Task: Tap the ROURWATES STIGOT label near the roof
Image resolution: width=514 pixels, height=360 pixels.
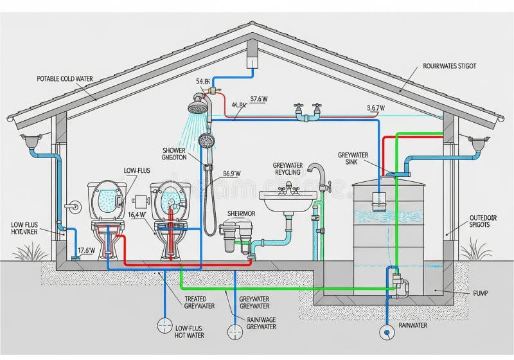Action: coord(450,66)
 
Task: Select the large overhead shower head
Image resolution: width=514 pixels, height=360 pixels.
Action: coord(199,105)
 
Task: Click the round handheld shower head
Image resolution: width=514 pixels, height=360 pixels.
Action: coord(206,140)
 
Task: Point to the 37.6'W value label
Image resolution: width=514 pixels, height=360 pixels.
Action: coord(259,99)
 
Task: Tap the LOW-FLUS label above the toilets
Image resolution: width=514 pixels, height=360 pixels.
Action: coord(136,170)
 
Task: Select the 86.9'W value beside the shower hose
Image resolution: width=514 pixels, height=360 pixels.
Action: coord(231,173)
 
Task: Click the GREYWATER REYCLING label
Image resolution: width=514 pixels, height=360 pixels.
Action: coord(292,169)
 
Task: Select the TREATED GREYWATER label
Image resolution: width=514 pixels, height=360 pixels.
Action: coord(195,303)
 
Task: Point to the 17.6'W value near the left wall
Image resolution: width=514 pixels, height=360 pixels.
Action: coord(86,251)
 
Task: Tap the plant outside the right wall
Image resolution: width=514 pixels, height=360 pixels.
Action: coord(475,249)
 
